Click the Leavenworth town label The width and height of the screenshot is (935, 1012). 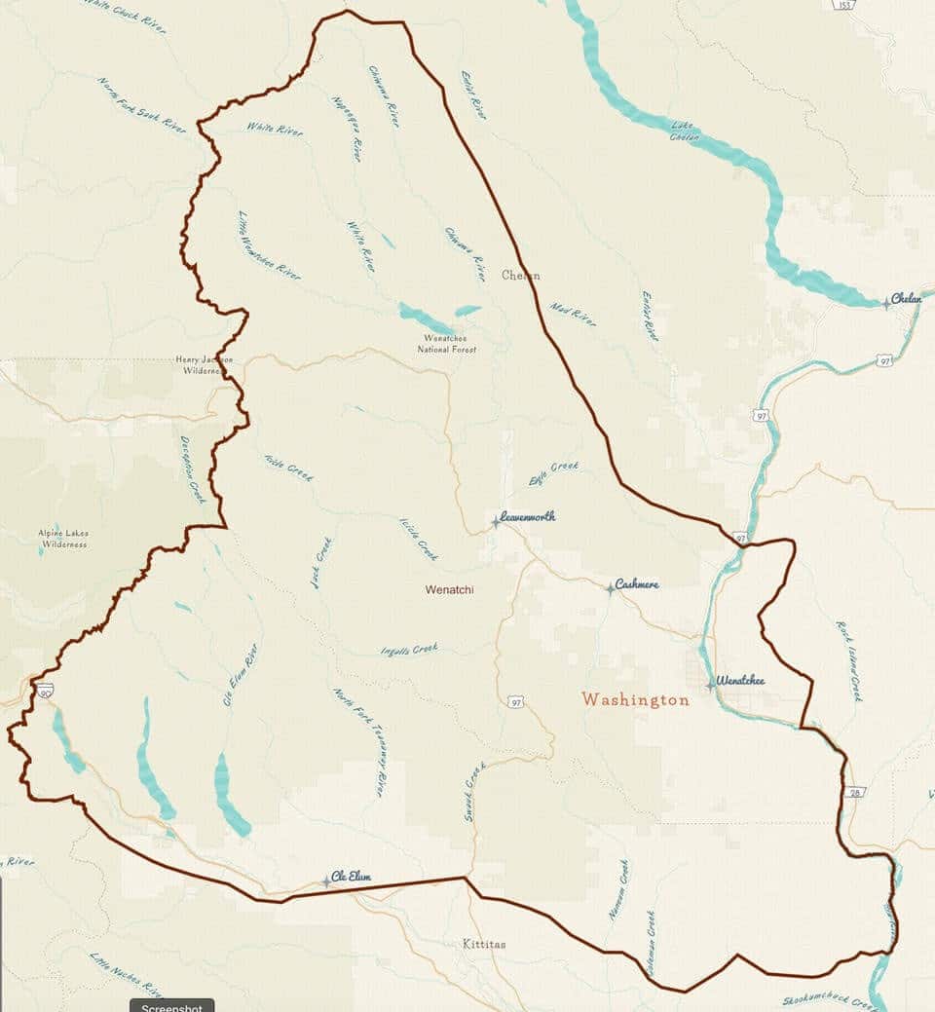tap(527, 517)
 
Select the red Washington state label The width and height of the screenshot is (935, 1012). tap(635, 699)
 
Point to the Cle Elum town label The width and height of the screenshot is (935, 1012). tap(351, 877)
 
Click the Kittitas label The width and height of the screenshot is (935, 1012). tap(484, 944)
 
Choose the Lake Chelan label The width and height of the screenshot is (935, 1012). tap(685, 131)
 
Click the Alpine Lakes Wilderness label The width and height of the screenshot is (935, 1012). tap(62, 538)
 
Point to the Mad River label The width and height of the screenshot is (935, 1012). tap(573, 314)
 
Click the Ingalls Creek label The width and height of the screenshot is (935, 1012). tap(410, 650)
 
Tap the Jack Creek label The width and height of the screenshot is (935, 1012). tap(320, 562)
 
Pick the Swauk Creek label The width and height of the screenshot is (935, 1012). tap(474, 790)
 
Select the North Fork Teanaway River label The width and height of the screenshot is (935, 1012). tap(359, 742)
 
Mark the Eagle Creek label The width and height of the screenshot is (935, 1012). tap(553, 472)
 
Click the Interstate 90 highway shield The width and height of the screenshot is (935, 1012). tap(46, 691)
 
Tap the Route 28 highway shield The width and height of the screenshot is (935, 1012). tap(854, 792)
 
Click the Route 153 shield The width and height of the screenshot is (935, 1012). tap(844, 4)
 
